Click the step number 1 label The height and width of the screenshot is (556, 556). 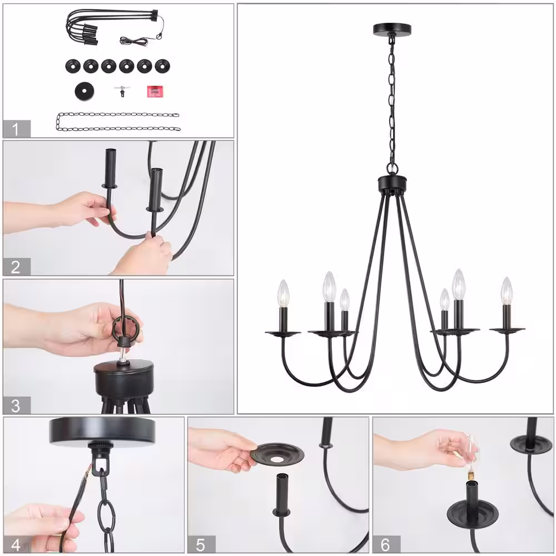pos(15,129)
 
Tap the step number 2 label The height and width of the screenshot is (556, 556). pos(15,267)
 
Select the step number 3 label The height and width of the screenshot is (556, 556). pos(15,406)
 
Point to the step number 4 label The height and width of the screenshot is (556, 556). pos(16,545)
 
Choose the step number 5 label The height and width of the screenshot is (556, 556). pos(200,545)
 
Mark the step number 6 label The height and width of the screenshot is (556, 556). pos(385,545)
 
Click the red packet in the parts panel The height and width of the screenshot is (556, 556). pos(155,92)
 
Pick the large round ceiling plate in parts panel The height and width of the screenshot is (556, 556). pos(85,92)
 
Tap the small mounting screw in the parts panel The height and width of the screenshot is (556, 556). pos(122,92)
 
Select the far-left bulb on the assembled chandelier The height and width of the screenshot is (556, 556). pos(284,293)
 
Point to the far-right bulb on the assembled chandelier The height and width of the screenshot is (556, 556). pos(507,290)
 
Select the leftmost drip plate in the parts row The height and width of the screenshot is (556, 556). pos(73,66)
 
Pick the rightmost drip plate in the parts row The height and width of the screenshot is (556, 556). pos(162,66)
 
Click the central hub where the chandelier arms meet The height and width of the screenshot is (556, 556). pos(392,183)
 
